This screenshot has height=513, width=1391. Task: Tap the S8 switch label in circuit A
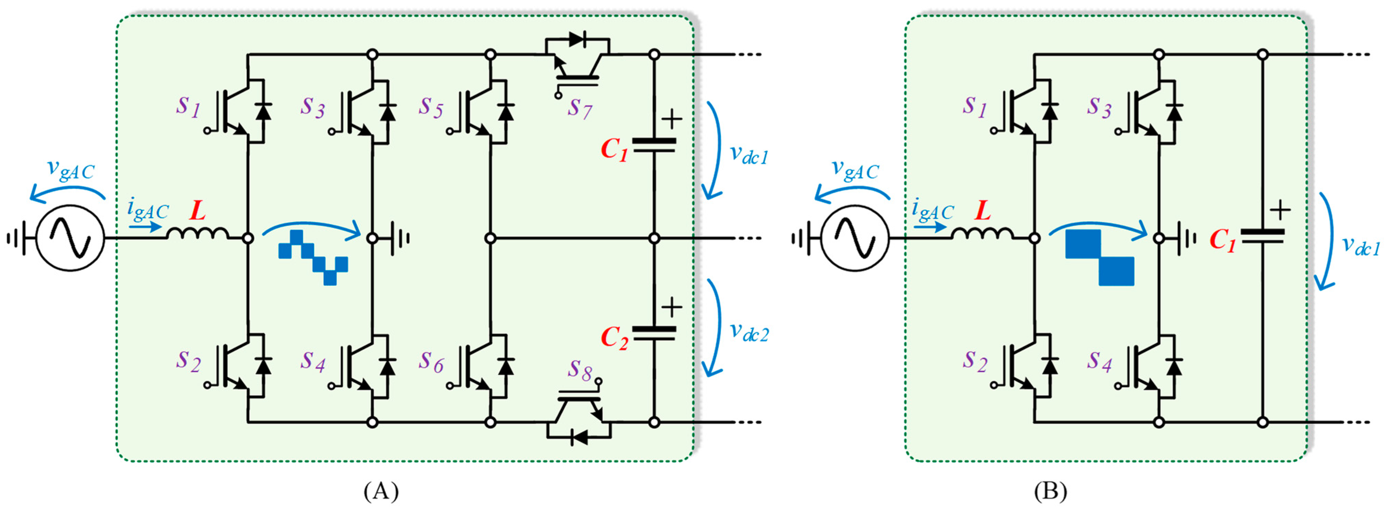[579, 370]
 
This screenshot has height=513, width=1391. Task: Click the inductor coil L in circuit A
[197, 233]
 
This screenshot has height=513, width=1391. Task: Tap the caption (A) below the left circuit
[381, 491]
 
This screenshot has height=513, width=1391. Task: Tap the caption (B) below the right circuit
[1050, 491]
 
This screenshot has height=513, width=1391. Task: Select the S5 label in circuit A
[431, 107]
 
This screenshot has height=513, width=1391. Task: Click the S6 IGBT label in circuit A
[431, 362]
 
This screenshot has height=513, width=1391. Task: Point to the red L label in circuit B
[983, 211]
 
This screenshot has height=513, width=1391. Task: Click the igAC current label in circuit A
[147, 209]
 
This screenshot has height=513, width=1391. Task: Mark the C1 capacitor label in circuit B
[1222, 240]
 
